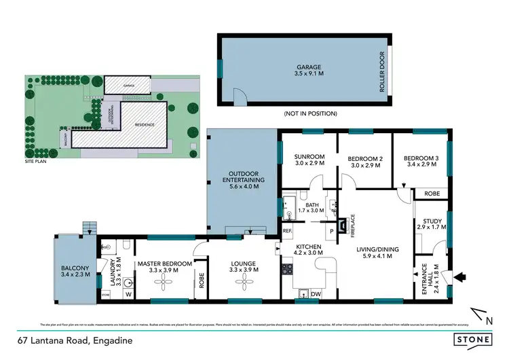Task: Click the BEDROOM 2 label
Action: pos(366,158)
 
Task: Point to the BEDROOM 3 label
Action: pos(421,158)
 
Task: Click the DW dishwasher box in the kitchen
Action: pos(316,293)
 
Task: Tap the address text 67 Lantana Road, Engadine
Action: pos(75,339)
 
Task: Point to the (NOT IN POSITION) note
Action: pos(310,113)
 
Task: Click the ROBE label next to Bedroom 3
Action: pos(431,194)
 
